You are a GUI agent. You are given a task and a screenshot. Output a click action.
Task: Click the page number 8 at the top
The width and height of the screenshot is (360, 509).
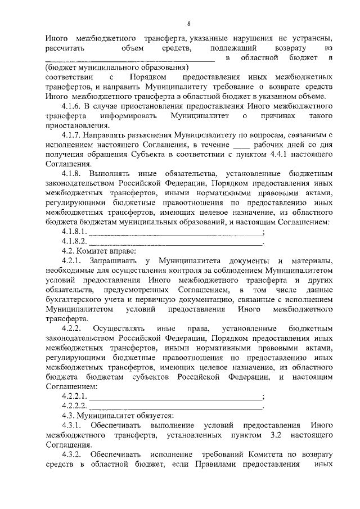click(x=189, y=23)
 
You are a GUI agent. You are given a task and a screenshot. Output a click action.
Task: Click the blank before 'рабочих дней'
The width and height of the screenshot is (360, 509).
click(x=209, y=146)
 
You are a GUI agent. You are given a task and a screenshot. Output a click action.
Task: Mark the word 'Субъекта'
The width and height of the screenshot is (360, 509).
click(x=138, y=155)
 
